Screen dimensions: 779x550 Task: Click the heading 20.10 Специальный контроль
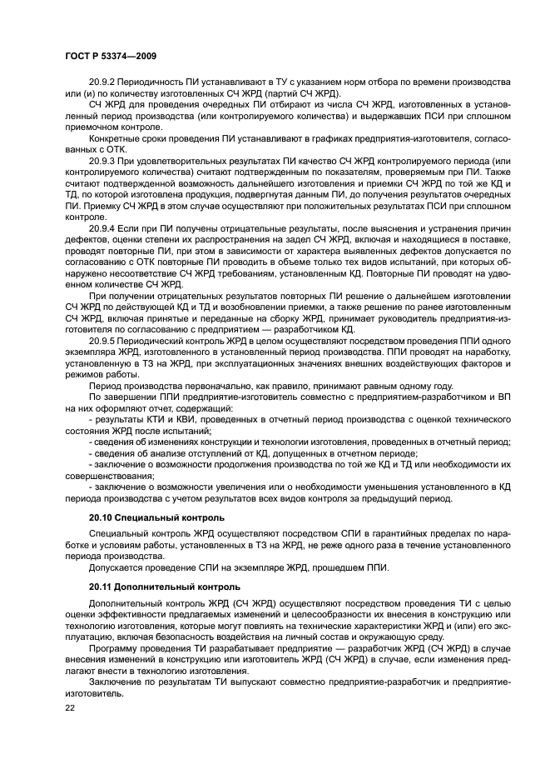[156, 517]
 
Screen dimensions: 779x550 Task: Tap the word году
[441, 386]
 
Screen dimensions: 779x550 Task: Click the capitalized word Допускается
[119, 567]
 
